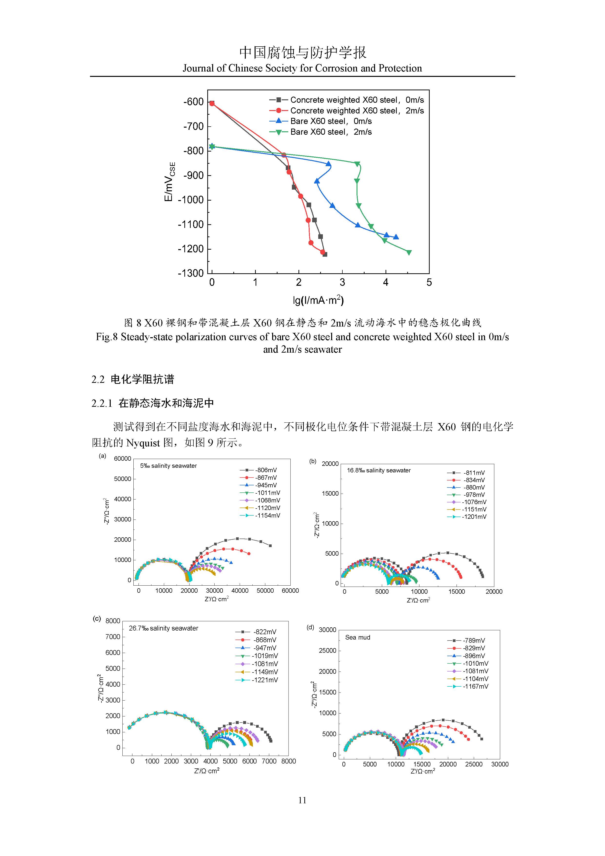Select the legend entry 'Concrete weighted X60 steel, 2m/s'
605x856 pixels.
coord(357,111)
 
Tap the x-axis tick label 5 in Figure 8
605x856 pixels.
coord(429,283)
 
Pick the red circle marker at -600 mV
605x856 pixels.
coord(212,103)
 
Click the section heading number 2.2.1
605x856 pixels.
coord(102,403)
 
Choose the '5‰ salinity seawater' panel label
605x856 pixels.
coord(169,466)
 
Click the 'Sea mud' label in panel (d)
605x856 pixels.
coord(358,637)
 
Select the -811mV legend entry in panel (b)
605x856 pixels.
coord(474,473)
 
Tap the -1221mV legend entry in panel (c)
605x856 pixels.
coord(265,680)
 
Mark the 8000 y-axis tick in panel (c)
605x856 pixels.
coord(113,621)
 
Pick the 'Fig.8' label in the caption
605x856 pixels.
coord(107,337)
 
